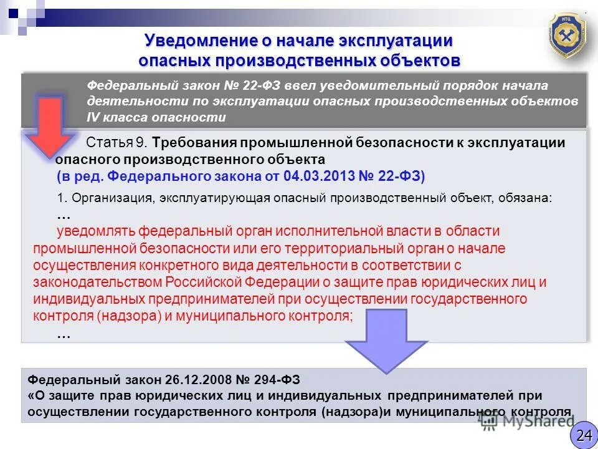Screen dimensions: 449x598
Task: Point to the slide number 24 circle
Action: tap(583, 435)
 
